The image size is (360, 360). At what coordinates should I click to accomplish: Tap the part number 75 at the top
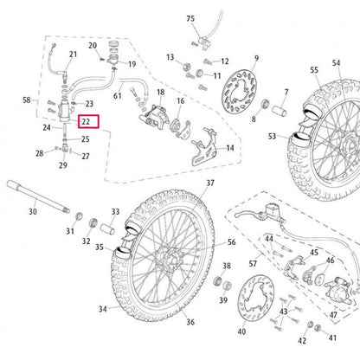pos(191,17)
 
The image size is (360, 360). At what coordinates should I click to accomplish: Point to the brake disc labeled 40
pos(253,303)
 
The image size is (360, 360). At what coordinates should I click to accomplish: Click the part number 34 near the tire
pos(103,309)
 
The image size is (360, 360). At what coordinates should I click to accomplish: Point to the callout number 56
pos(231,243)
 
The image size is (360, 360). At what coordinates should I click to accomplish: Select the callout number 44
pos(268,238)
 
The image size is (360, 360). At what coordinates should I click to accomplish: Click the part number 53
pos(273,136)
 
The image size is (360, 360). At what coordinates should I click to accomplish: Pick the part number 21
pos(73,56)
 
